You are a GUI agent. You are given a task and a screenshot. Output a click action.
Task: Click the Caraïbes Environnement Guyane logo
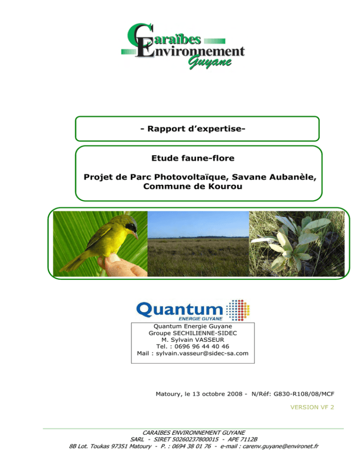click(x=183, y=46)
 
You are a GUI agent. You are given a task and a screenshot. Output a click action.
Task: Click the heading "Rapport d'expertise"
click(x=193, y=128)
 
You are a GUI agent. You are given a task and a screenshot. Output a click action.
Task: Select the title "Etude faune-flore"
click(x=193, y=158)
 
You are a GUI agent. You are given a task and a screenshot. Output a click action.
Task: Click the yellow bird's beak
click(x=135, y=235)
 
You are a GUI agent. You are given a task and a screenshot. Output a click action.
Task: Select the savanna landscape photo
click(x=198, y=244)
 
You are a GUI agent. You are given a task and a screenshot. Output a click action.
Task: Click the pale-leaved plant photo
click(x=297, y=244)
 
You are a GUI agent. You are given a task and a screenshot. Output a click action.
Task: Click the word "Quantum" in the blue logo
click(x=180, y=309)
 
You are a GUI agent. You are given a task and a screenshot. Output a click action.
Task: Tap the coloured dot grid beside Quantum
click(x=238, y=310)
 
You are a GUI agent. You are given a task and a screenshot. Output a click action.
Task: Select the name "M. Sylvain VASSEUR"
click(x=193, y=340)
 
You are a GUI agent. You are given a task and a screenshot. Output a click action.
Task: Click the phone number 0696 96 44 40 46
click(x=202, y=346)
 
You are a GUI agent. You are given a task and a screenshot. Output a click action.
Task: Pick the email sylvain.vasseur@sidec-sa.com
click(x=202, y=353)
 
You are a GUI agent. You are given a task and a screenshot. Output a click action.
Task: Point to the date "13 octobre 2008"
click(x=217, y=394)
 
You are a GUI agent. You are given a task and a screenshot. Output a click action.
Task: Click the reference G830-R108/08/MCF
click(x=304, y=394)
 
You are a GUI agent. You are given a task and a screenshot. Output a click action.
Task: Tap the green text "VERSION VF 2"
click(x=312, y=407)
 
